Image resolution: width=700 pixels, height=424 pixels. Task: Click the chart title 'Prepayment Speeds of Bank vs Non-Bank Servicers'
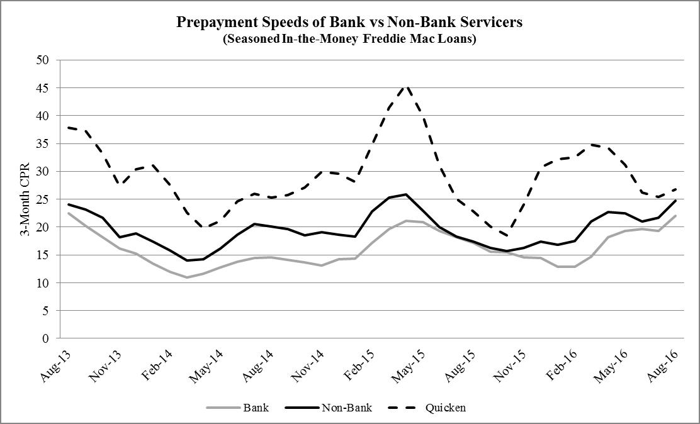[x=349, y=23]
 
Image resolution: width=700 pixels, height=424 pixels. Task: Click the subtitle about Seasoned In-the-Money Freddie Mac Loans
[x=349, y=38]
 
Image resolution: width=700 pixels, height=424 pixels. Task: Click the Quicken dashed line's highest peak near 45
[x=407, y=86]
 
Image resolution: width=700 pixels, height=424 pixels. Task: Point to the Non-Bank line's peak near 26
[x=407, y=194]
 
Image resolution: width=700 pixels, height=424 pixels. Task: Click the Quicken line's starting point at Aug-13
[x=68, y=128]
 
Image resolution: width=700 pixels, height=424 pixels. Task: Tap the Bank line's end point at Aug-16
[x=676, y=215]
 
